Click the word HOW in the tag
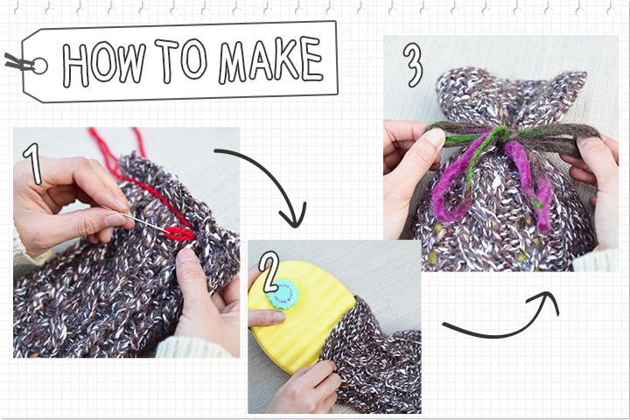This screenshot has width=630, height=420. tap(103, 64)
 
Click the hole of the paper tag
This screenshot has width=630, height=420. tap(39, 66)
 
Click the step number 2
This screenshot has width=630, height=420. tap(269, 272)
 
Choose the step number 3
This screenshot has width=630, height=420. tap(413, 65)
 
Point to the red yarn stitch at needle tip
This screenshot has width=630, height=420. tap(180, 234)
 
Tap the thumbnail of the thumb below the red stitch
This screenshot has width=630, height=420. tap(185, 256)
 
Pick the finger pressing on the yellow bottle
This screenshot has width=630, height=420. tap(266, 318)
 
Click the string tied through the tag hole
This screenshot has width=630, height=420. tap(18, 62)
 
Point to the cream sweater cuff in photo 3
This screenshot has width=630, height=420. tap(596, 261)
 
